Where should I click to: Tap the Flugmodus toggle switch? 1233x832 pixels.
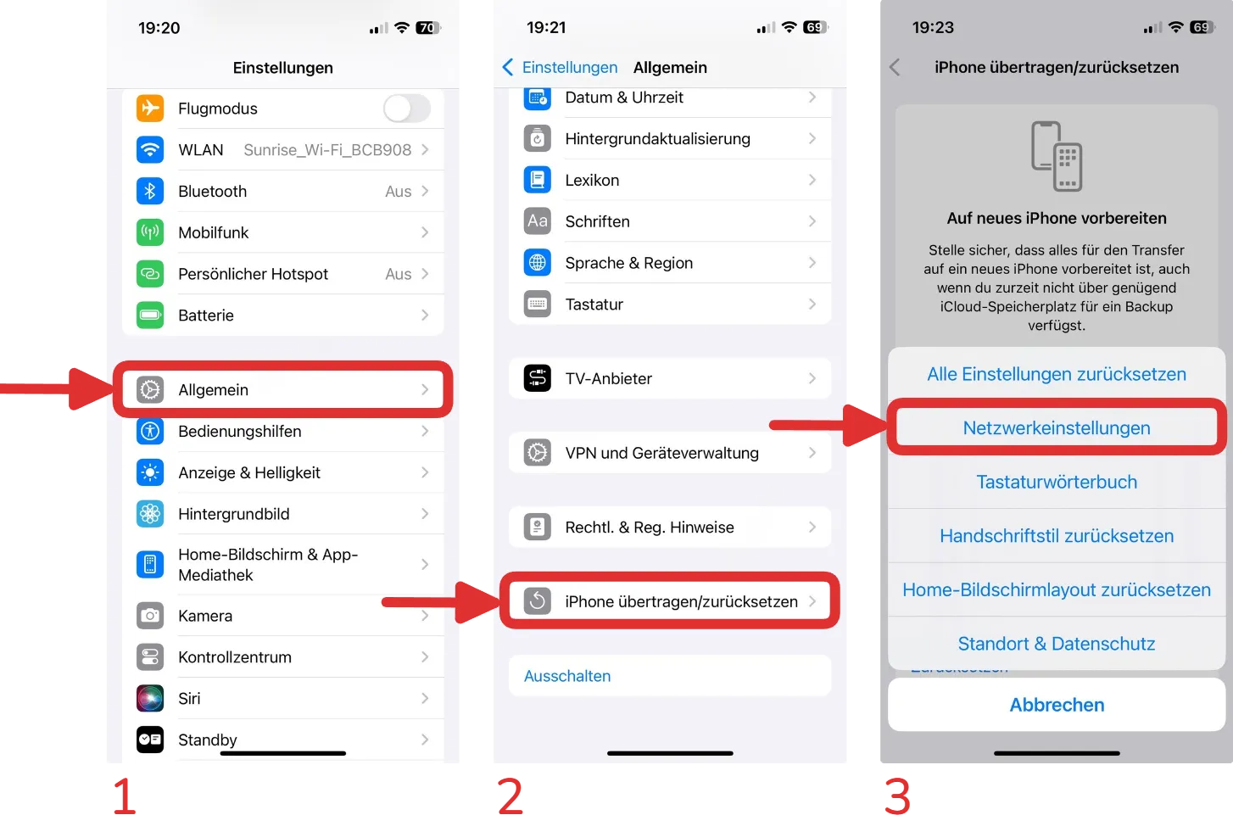407,109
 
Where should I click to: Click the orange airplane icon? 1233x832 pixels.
150,108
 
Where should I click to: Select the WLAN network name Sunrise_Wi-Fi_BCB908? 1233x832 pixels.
327,150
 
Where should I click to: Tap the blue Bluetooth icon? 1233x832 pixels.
150,191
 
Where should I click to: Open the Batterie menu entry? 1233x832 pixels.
283,315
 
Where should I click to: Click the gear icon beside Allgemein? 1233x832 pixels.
150,389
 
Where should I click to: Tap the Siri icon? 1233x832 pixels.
150,698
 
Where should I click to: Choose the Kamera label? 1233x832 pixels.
205,616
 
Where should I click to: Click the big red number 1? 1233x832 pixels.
124,796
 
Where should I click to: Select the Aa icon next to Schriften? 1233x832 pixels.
538,221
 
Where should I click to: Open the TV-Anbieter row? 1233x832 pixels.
670,378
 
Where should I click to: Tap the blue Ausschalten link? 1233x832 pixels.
567,676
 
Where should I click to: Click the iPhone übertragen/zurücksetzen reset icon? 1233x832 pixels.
538,601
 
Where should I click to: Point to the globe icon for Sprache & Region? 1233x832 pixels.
538,263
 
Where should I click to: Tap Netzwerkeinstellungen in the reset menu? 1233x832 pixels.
1057,427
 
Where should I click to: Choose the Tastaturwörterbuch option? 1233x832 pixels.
1057,482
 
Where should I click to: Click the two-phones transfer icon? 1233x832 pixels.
1057,156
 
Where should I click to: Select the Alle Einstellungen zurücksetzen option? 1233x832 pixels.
1057,374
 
